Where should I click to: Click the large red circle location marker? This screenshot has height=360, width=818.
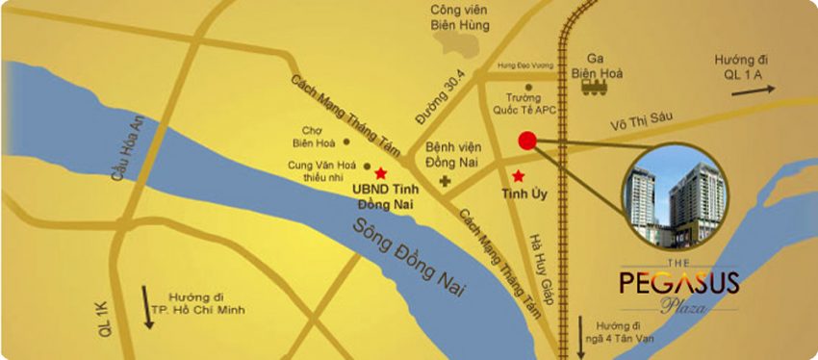coord(526,141)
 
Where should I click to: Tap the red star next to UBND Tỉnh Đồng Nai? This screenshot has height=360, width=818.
coord(381,173)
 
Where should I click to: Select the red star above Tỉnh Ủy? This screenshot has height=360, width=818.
coord(520,175)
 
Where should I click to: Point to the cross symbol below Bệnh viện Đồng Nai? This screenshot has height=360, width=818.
coord(444,180)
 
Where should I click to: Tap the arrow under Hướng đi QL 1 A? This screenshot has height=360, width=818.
coord(753,91)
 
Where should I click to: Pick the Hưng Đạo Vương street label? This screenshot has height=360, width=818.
coord(525,66)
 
